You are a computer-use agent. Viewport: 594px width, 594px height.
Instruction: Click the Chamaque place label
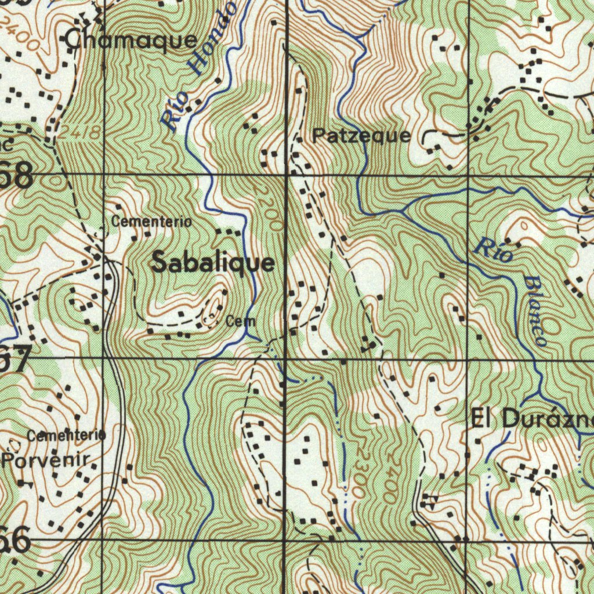(x=131, y=41)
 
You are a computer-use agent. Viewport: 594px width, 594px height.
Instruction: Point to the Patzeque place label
(x=361, y=136)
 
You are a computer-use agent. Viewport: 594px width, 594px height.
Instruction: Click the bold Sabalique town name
(x=213, y=263)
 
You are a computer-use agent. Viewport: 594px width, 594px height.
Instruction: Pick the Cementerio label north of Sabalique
(x=151, y=222)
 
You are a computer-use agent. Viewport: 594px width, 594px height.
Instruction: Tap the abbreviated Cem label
(x=241, y=320)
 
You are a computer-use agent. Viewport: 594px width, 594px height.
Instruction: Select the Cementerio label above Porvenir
(x=67, y=435)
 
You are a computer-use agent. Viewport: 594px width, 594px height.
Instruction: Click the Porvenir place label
(x=46, y=461)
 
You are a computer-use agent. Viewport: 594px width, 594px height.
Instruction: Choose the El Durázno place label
(x=531, y=418)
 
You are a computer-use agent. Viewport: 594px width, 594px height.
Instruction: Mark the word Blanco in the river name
(x=535, y=311)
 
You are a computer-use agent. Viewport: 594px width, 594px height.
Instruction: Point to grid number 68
(x=16, y=176)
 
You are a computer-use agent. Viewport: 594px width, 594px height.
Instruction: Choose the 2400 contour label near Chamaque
(x=20, y=33)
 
